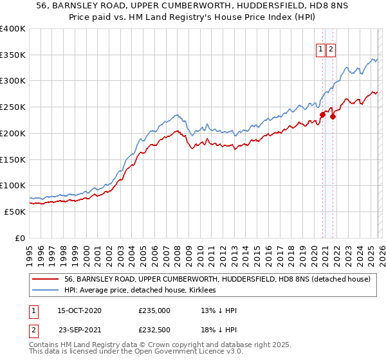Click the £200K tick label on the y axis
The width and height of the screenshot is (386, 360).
(13, 133)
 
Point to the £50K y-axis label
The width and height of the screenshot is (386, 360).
(15, 212)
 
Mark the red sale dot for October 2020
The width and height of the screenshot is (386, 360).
(322, 115)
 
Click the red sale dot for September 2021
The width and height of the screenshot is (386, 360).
(333, 116)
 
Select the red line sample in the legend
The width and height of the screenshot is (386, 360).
(46, 280)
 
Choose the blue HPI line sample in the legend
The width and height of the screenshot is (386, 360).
(46, 291)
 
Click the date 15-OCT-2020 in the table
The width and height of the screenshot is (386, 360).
(79, 310)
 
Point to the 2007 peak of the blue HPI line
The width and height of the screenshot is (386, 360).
(176, 115)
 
